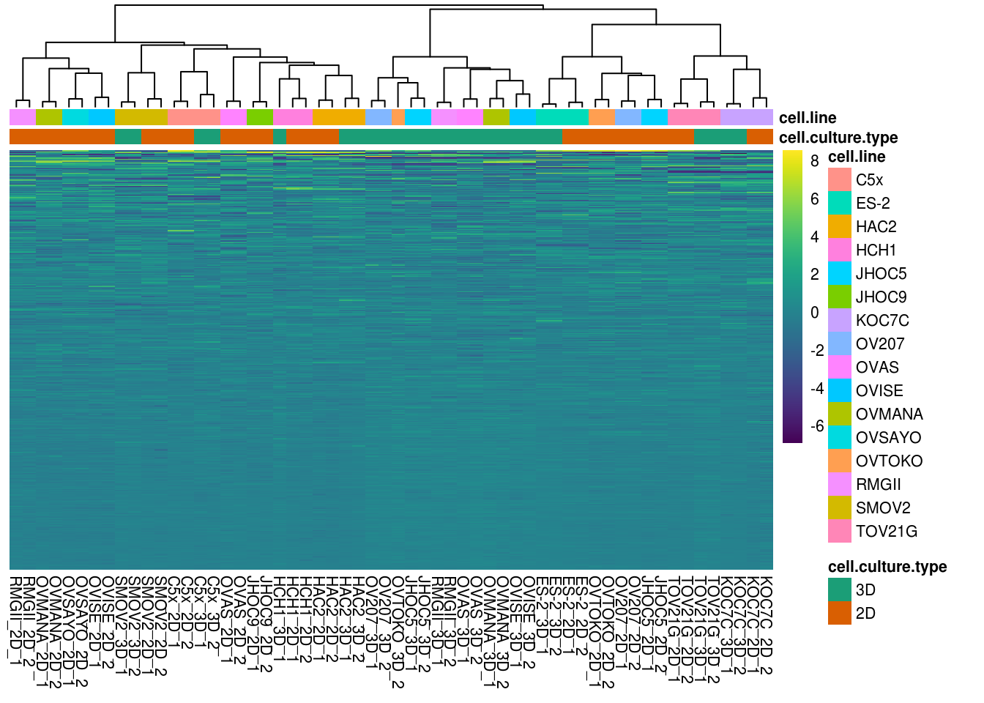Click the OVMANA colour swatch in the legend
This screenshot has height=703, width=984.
coord(840,414)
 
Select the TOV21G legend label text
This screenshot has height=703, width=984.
coord(886,531)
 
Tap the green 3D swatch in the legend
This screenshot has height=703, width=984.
coord(840,589)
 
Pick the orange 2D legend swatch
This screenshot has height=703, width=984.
coord(840,613)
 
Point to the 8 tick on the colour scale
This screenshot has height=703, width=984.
coord(814,160)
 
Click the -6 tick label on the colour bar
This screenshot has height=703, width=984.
coord(816,426)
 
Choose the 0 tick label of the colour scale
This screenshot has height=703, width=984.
coord(814,313)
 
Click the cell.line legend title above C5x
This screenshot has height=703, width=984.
coord(857,157)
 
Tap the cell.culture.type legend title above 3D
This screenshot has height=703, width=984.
coord(887,567)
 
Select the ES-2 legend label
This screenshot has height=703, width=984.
coord(873,203)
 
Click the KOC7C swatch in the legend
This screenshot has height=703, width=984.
coord(840,320)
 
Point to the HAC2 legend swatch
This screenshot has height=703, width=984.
coord(840,226)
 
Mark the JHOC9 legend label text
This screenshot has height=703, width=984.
coord(881,297)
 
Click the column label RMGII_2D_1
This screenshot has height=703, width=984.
coord(15,621)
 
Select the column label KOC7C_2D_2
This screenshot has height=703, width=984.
coord(766,625)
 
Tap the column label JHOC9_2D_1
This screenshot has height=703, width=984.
coord(253,622)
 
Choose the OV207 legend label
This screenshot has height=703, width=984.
coord(880,343)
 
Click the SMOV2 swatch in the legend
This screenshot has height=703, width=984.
coord(840,507)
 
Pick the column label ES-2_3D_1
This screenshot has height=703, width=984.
coord(542,615)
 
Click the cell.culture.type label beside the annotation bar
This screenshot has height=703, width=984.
coord(838,138)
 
